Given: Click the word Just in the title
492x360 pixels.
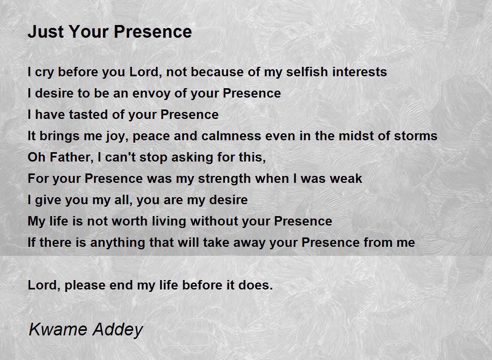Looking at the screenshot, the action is [46, 32].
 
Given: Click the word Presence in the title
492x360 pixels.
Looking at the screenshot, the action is [153, 32].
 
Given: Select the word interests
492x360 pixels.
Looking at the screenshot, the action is [360, 72].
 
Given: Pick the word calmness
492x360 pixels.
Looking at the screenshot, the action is [231, 136].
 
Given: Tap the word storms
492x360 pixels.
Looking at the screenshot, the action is [416, 136].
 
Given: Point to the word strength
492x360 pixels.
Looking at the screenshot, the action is [224, 179].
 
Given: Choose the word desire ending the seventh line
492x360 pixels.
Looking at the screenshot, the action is [228, 200].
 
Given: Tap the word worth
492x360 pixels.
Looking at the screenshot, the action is [130, 221].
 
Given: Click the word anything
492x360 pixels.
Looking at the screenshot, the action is [118, 243].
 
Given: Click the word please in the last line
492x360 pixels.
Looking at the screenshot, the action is [85, 285].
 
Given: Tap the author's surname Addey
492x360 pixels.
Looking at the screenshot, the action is [118, 330].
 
